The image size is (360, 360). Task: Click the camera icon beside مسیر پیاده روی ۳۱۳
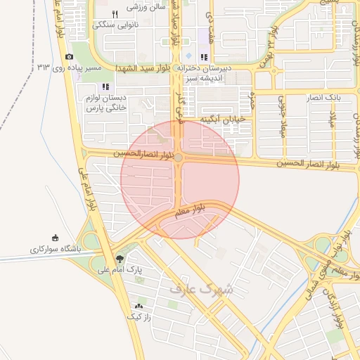[69, 57]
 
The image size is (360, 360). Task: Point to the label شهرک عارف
[201, 288]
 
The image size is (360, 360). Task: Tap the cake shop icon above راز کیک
[139, 307]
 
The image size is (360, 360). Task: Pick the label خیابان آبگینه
[223, 120]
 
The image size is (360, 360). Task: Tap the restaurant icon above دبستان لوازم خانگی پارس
[105, 86]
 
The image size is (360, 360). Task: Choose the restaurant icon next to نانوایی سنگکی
[115, 14]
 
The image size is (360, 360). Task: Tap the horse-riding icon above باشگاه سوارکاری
[56, 238]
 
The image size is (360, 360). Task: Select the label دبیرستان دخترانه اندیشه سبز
[223, 74]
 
